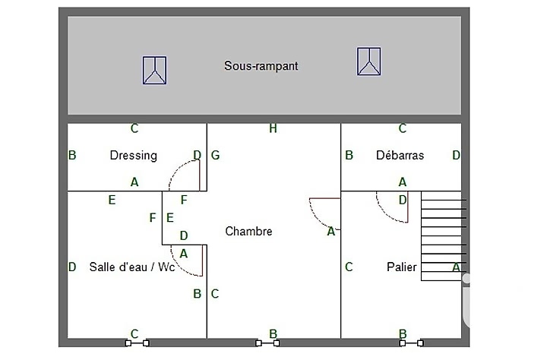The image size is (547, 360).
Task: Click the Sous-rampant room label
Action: coord(261,66)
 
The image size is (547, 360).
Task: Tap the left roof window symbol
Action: coord(154,70)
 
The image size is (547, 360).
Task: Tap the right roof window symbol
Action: coord(369,62)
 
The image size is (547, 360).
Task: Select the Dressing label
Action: coord(134,156)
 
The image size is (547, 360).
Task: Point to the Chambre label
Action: coord(248,231)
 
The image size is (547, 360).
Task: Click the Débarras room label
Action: coord(400,156)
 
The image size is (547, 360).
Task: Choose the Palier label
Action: coord(401,267)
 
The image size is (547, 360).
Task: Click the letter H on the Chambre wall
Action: coord(273,129)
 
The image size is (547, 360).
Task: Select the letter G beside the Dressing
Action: coord(216,156)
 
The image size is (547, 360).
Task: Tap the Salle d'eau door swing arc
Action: coord(185,262)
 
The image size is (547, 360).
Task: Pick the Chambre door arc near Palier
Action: coord(322,213)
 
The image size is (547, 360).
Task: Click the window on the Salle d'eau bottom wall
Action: coord(137,343)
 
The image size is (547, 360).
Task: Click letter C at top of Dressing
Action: coord(134,129)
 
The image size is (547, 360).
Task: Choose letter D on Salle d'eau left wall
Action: coord(72,267)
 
